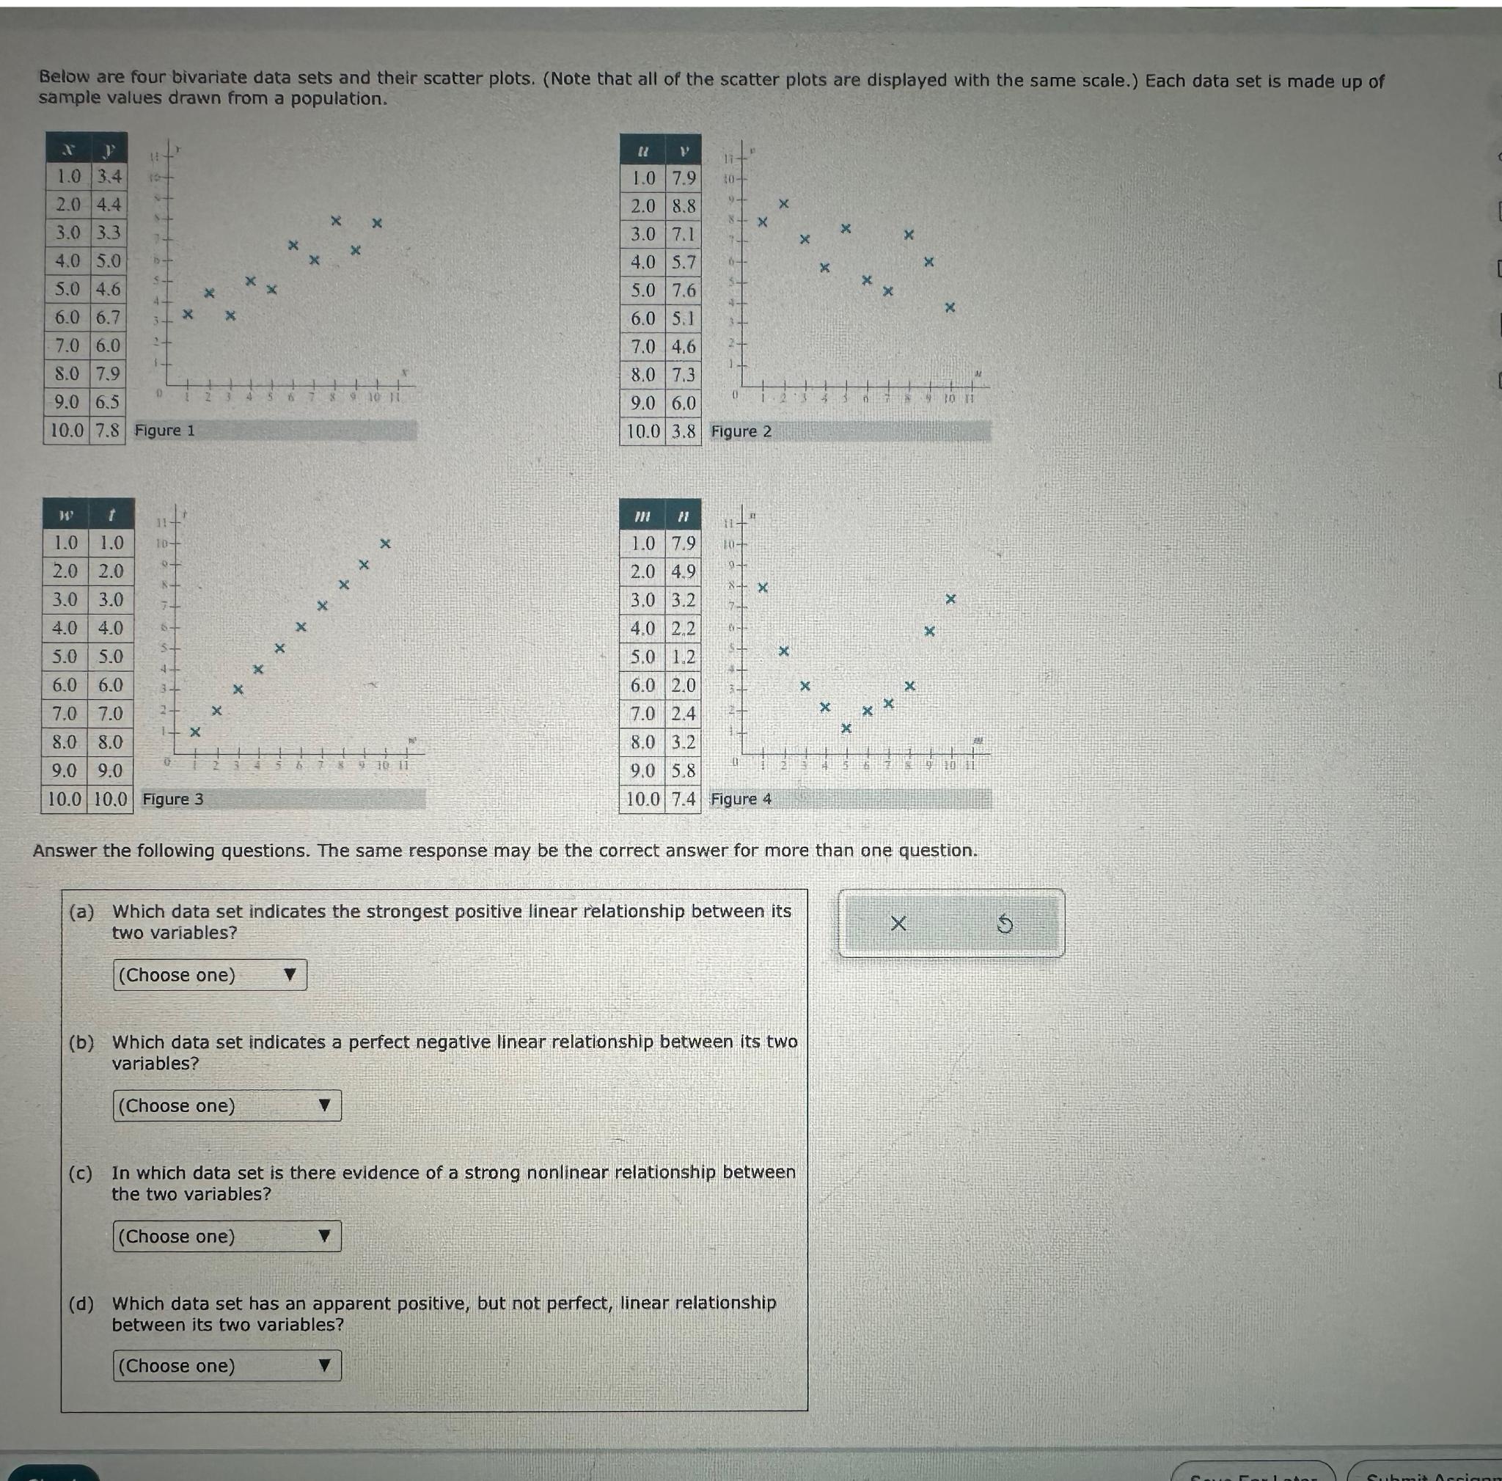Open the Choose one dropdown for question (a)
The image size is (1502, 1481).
click(x=210, y=975)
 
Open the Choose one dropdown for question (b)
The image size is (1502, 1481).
click(x=226, y=1105)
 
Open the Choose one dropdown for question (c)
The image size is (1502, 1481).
click(x=226, y=1236)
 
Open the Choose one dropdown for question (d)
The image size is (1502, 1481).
click(x=226, y=1366)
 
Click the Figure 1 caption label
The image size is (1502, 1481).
click(x=165, y=431)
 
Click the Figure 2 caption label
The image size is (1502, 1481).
click(x=741, y=431)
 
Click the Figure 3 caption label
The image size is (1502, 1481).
click(x=172, y=800)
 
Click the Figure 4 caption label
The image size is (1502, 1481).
click(x=741, y=800)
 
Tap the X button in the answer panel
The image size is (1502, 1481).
click(x=898, y=924)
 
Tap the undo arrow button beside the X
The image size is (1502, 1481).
click(x=1005, y=924)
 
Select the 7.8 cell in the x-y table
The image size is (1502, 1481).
click(x=108, y=430)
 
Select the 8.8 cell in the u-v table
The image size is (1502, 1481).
click(x=684, y=206)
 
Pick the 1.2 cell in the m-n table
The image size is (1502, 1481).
click(x=684, y=657)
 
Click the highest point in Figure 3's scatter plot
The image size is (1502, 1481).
click(x=385, y=543)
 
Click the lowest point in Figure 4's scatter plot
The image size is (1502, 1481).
click(x=846, y=728)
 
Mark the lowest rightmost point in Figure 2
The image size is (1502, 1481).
click(x=949, y=308)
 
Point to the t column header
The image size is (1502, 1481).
click(x=111, y=516)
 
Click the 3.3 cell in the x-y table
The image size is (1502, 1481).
click(x=108, y=233)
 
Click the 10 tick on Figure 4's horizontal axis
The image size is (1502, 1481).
click(x=950, y=767)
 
